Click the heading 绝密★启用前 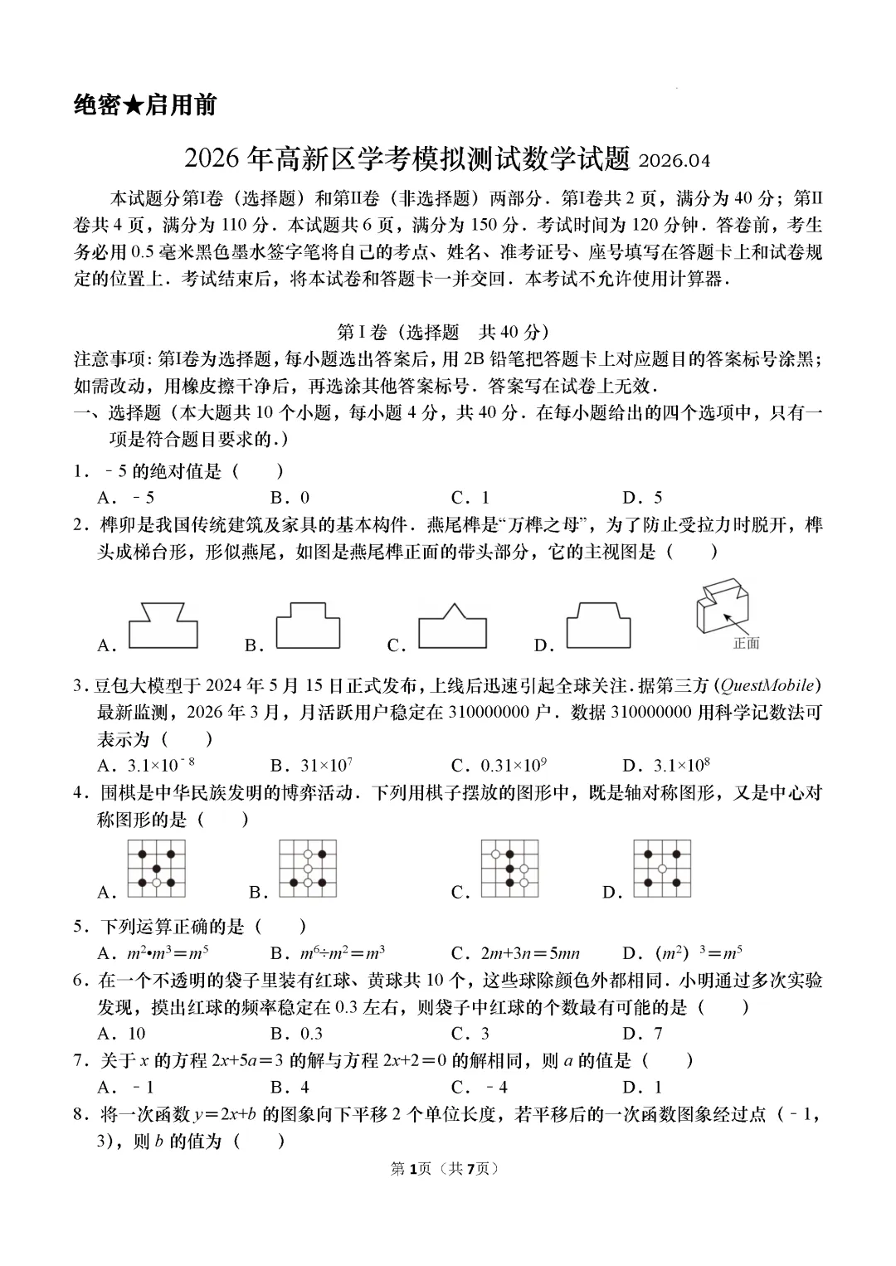pos(145,105)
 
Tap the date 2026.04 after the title pos(674,160)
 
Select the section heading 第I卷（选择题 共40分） pos(444,332)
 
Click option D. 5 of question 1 pos(643,498)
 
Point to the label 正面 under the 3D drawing pos(746,643)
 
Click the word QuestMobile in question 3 pos(768,685)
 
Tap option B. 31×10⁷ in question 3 pos(312,765)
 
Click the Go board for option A pos(156,868)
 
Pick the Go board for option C pos(509,868)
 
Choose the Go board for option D pos(662,868)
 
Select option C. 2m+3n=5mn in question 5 pos(515,953)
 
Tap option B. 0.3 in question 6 pos(297,1034)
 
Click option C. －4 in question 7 pos(480,1088)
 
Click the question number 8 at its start pos(80,1114)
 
